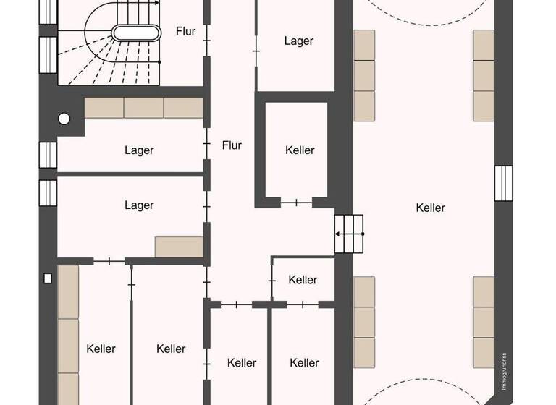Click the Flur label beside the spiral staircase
pyautogui.click(x=186, y=31)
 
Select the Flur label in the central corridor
pyautogui.click(x=232, y=145)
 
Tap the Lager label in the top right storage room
pyautogui.click(x=298, y=41)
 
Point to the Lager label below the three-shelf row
pyautogui.click(x=139, y=150)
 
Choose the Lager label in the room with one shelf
pyautogui.click(x=139, y=205)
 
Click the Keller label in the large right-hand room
pyautogui.click(x=431, y=208)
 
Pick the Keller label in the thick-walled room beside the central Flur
pyautogui.click(x=300, y=150)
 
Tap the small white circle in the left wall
pyautogui.click(x=64, y=119)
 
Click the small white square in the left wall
pyautogui.click(x=49, y=278)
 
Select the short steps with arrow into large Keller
pyautogui.click(x=348, y=234)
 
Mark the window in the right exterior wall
pyautogui.click(x=503, y=183)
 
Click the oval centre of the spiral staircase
pyautogui.click(x=135, y=33)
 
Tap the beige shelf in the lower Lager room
pyautogui.click(x=179, y=247)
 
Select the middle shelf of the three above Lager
pyautogui.click(x=143, y=108)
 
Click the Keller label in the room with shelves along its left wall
pyautogui.click(x=101, y=349)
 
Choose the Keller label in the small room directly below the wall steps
pyautogui.click(x=303, y=280)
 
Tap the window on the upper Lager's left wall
pyautogui.click(x=49, y=155)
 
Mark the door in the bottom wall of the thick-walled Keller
pyautogui.click(x=295, y=202)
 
